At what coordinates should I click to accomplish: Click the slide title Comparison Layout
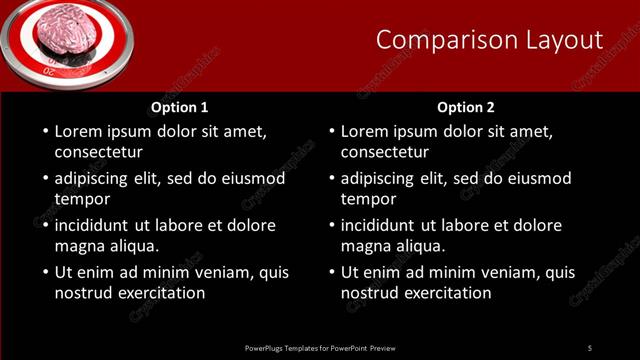tap(489, 40)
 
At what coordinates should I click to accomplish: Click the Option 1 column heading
tap(180, 107)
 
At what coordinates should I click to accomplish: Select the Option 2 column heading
tap(466, 107)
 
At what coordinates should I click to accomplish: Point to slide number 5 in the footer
tap(590, 347)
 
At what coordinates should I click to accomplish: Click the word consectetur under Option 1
tap(98, 153)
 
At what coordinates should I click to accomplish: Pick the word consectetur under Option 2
tap(384, 153)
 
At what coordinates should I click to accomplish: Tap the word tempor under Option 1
tap(82, 199)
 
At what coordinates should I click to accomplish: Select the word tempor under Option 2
tap(368, 199)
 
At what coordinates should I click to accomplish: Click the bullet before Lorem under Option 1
tap(45, 131)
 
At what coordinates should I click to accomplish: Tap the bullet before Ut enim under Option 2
tap(331, 272)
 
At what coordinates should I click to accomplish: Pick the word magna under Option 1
tap(78, 246)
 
